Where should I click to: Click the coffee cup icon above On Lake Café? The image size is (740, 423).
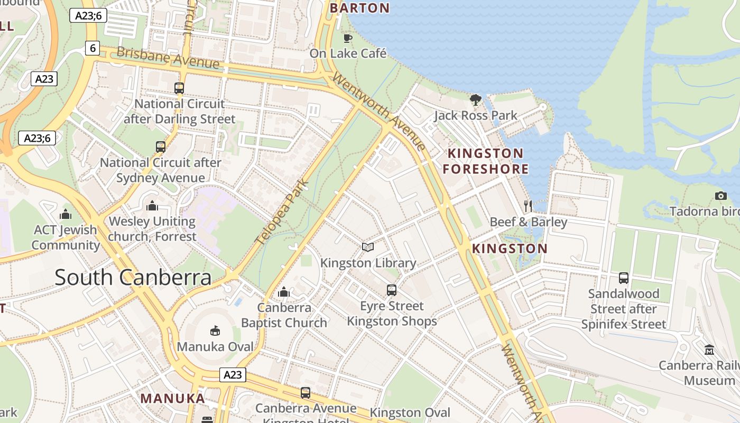point(347,38)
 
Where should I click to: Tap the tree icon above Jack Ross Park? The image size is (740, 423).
point(476,99)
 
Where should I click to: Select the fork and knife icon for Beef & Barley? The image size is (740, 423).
point(528,206)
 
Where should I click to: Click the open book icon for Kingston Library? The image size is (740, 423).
point(368,247)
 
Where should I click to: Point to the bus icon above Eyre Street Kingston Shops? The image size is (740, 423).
point(391,290)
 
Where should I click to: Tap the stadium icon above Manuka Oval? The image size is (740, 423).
point(215,330)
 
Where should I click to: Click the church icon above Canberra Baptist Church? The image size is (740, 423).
point(284,292)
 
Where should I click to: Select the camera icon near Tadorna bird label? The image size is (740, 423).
point(720,196)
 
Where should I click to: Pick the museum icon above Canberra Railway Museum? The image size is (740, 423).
point(709,350)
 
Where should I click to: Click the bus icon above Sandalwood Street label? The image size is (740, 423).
point(624,278)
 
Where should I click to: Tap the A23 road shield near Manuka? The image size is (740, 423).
point(233,375)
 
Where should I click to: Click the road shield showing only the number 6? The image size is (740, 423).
point(92,48)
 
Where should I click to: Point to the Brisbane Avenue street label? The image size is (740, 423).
point(168,58)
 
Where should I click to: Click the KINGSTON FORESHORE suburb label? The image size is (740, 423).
point(485,161)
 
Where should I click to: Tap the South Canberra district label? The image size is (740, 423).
point(133,277)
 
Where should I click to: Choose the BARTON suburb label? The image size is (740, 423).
point(359,8)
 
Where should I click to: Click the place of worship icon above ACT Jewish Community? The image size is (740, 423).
point(66,214)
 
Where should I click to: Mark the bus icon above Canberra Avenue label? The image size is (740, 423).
point(305,392)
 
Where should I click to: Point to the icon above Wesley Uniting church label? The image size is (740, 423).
point(152,206)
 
